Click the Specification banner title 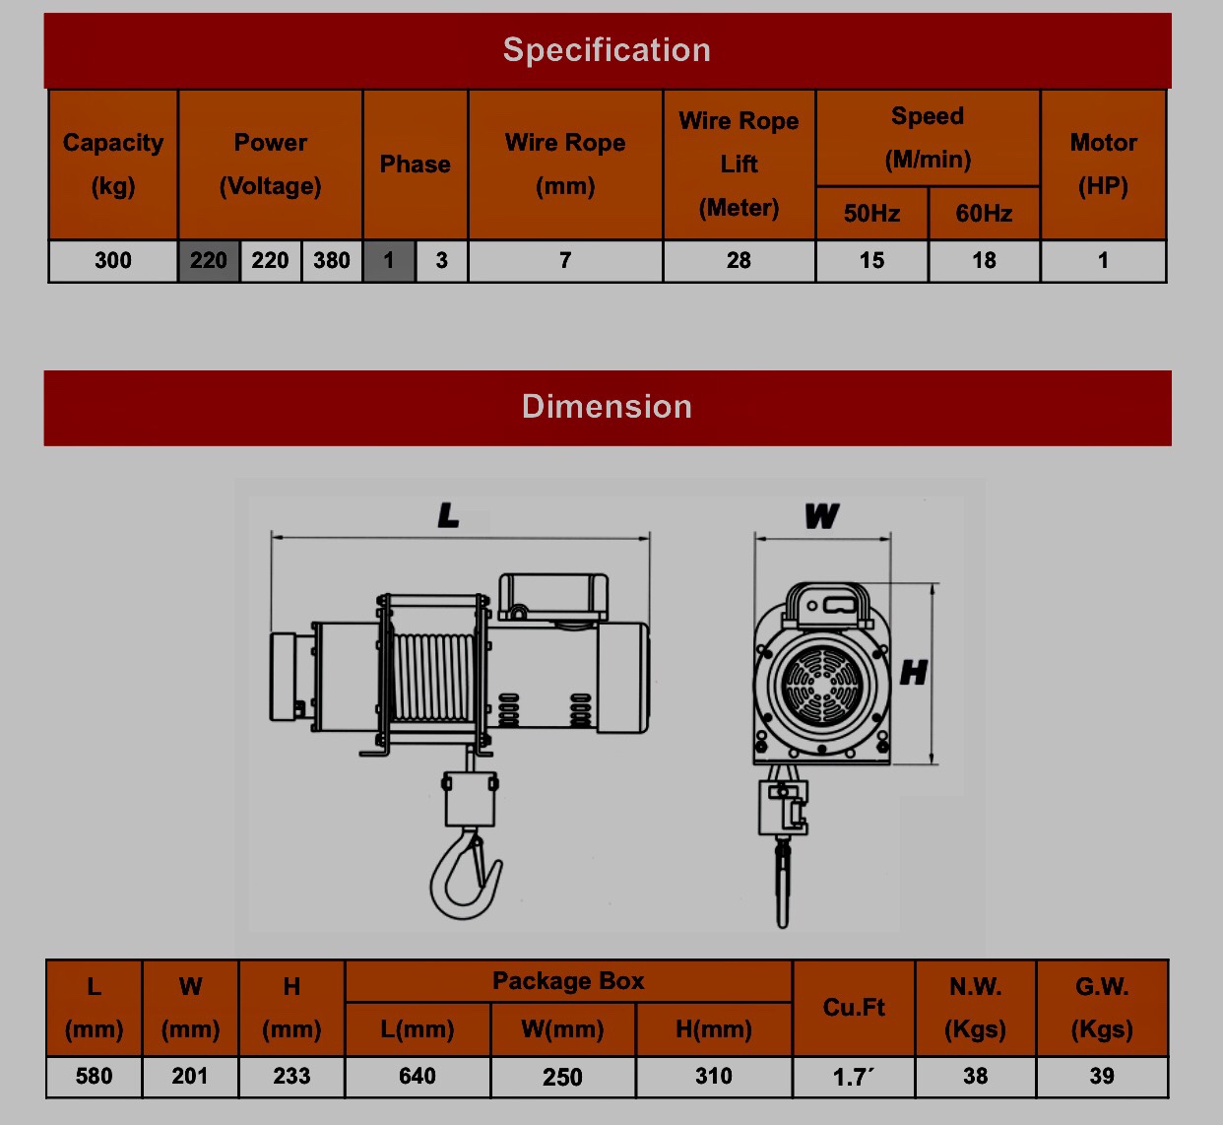tap(607, 50)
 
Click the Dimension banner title tap(607, 406)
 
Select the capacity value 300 tap(113, 260)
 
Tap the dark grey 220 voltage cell tap(209, 260)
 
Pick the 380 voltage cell tap(332, 260)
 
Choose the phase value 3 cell tap(441, 260)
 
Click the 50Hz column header tap(871, 213)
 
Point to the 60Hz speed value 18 tap(984, 260)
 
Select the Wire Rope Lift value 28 tap(739, 260)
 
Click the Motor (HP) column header tap(1104, 165)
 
